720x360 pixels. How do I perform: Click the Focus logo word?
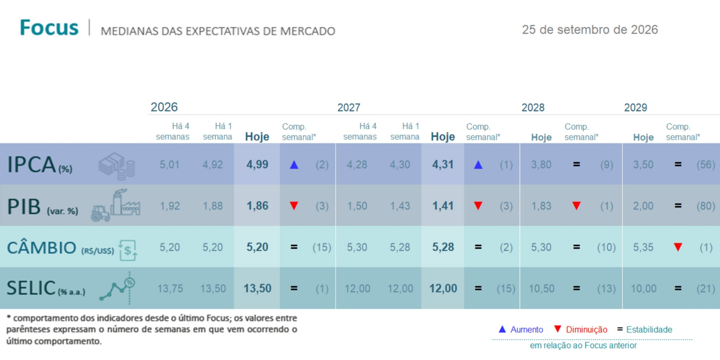click(49, 27)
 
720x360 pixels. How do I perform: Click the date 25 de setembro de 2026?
click(590, 30)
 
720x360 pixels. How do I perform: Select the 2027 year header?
click(349, 108)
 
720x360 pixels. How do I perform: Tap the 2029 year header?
click(635, 108)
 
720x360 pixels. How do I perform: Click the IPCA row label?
click(40, 165)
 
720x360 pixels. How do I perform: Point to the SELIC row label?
click(46, 288)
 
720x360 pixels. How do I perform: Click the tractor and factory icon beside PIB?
click(116, 205)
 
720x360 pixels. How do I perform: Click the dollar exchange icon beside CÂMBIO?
click(128, 250)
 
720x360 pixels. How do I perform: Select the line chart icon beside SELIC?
click(117, 288)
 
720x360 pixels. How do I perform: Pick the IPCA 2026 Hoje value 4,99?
click(257, 165)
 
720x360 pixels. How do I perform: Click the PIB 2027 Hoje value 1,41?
click(443, 206)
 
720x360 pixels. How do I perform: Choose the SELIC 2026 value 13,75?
click(170, 288)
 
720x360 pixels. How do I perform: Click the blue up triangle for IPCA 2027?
click(478, 165)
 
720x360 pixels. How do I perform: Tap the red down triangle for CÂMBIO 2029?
click(678, 247)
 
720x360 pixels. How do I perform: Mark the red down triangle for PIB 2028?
click(576, 206)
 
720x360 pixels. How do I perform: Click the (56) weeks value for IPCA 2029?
click(706, 165)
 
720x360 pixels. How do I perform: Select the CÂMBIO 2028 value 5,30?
click(541, 247)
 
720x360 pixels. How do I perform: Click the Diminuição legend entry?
click(581, 329)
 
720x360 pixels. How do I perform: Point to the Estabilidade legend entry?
click(645, 329)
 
